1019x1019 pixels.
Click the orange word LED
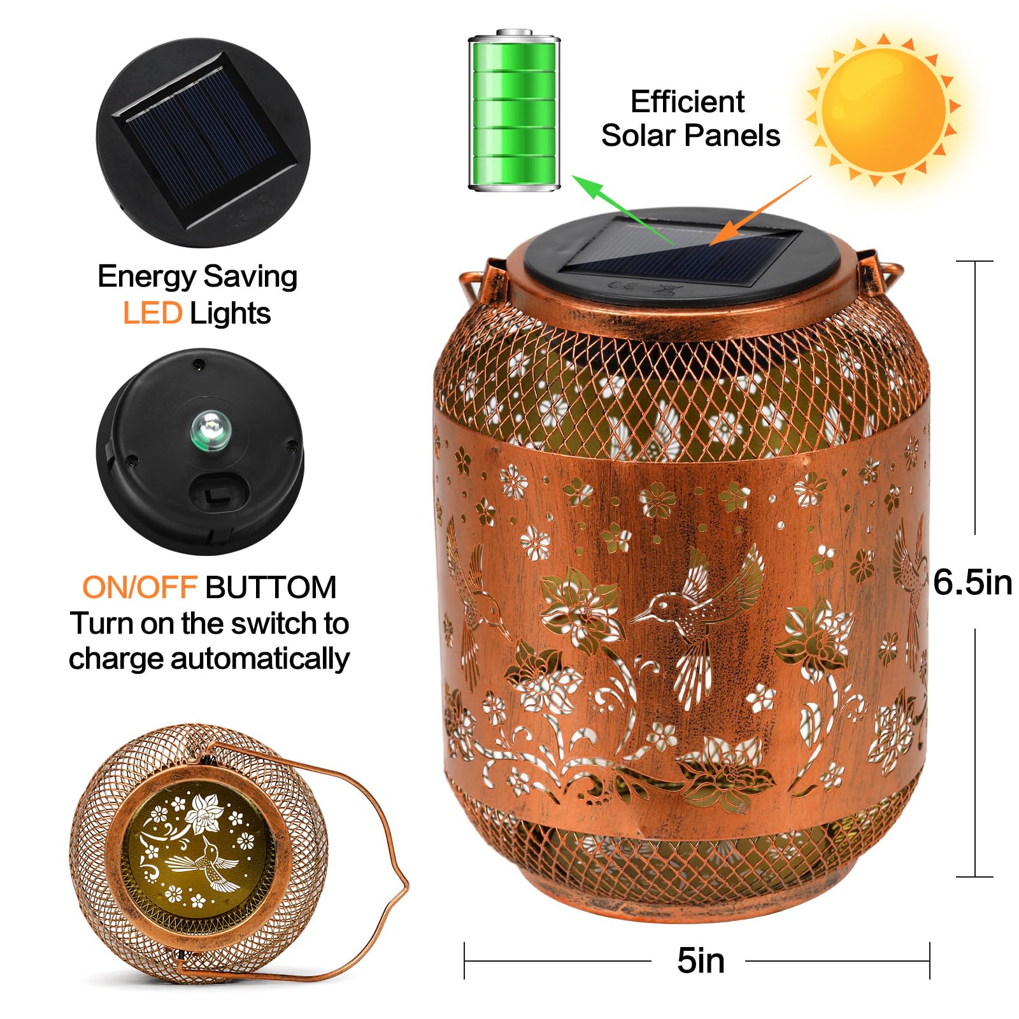coord(152,313)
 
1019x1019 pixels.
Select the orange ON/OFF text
coord(139,587)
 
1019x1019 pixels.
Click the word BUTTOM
coord(271,587)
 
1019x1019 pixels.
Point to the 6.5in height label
coord(972,582)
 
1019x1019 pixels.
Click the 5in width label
coord(701,960)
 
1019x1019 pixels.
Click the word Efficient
coord(687,102)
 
